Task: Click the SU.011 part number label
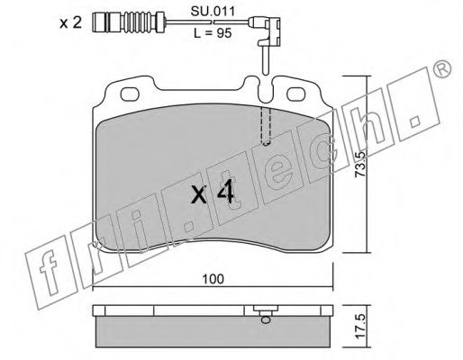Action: pos(213,12)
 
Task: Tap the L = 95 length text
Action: pos(213,33)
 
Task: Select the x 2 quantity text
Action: pos(70,23)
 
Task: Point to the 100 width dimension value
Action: pos(213,279)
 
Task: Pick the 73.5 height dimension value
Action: pos(359,164)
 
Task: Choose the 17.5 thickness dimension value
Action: pos(359,326)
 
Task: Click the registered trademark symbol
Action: pos(442,68)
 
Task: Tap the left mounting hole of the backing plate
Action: pos(130,94)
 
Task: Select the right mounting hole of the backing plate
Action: pos(296,94)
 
